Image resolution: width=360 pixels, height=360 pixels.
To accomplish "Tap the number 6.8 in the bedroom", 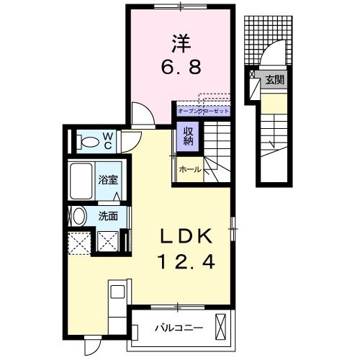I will click(x=181, y=70).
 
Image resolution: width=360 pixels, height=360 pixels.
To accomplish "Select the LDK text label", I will click(x=181, y=237).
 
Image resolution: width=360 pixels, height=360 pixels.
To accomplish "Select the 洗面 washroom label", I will click(x=108, y=215).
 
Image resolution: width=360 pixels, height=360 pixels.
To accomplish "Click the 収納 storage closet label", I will click(x=187, y=135).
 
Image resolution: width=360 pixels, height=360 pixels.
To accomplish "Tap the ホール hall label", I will click(x=190, y=170).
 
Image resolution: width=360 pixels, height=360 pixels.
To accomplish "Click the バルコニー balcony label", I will click(x=179, y=328).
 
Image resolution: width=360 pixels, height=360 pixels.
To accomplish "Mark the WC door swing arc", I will click(x=130, y=141).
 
